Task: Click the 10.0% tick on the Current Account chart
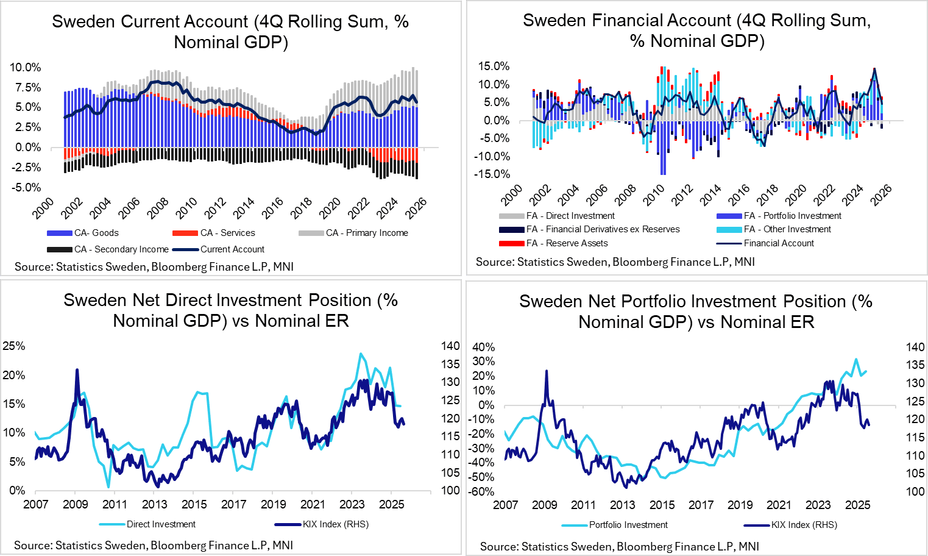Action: (x=26, y=67)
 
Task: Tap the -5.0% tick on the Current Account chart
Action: (x=26, y=187)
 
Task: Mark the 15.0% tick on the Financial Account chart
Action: (x=494, y=66)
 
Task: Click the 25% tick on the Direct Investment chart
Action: (x=14, y=346)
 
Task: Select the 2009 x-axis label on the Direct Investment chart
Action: (x=76, y=504)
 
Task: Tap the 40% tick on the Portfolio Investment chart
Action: (x=484, y=347)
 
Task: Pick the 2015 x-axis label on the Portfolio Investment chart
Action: (x=662, y=505)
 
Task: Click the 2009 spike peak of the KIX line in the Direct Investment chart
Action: (x=77, y=369)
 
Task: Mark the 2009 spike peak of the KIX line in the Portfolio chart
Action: (x=546, y=371)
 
